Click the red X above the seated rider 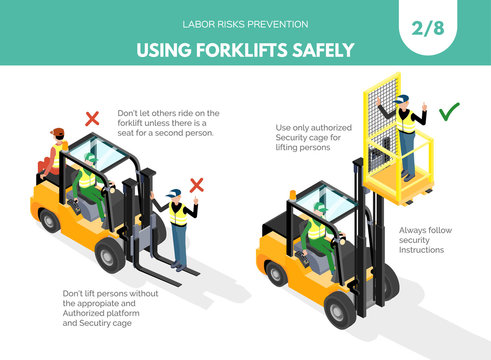(x=92, y=118)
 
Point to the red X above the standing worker (x=197, y=184)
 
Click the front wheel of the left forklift (x=112, y=257)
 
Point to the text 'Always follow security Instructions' (x=425, y=243)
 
